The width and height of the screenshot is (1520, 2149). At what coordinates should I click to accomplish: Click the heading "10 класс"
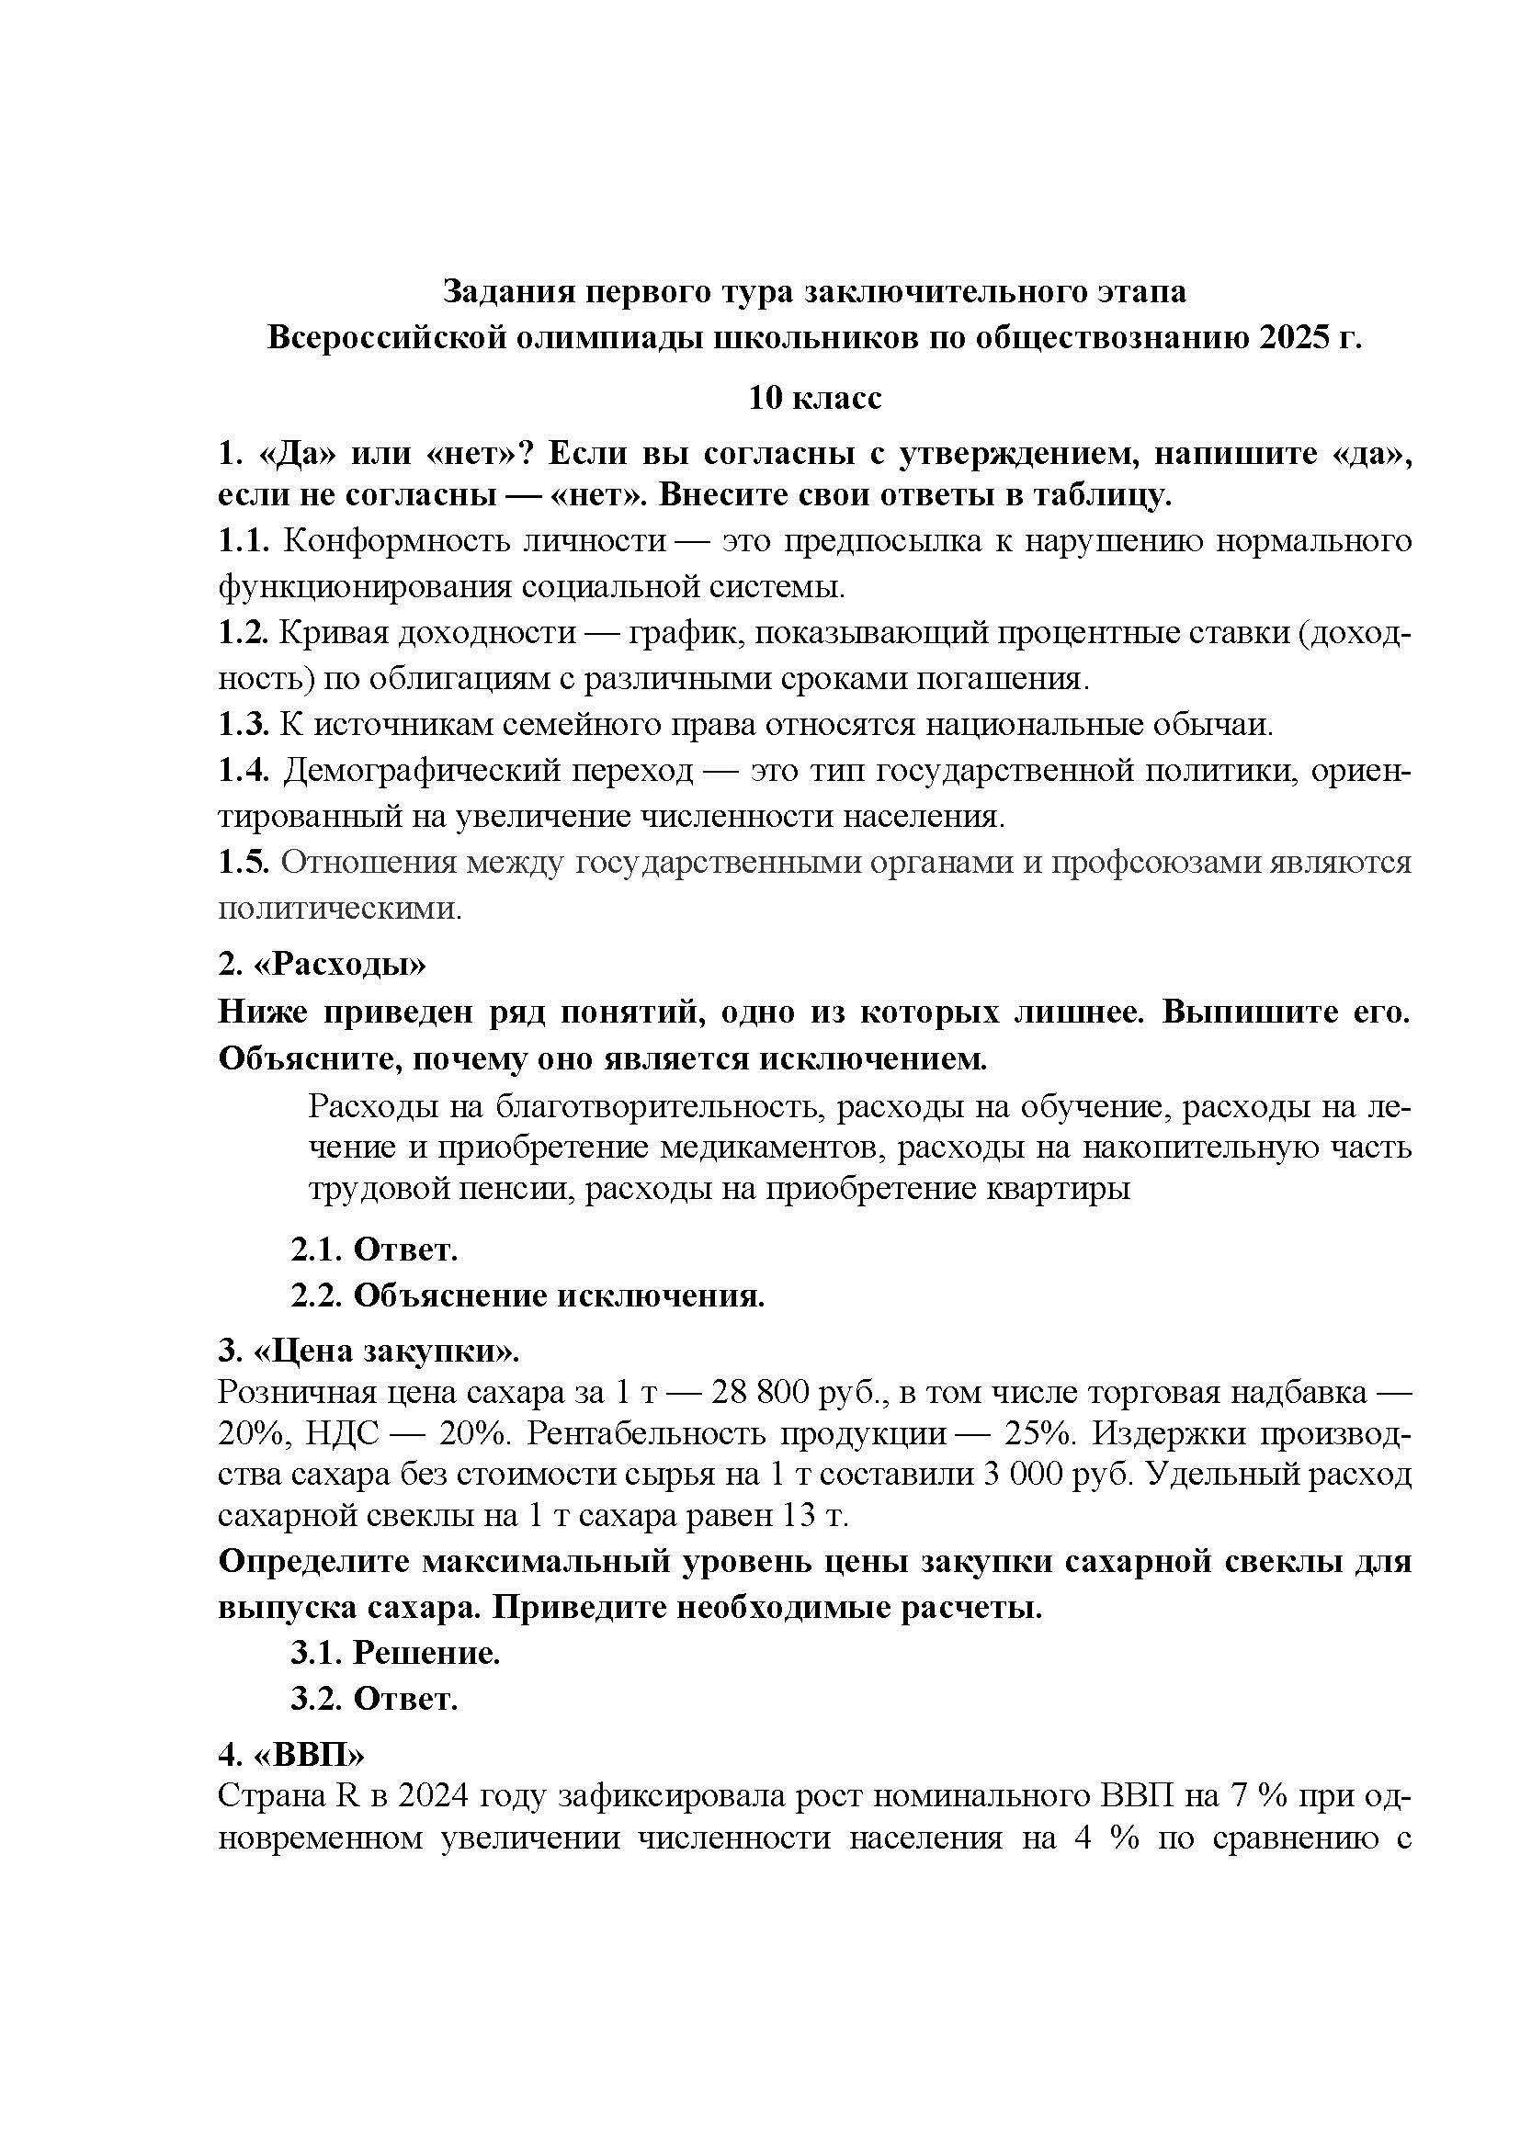814,398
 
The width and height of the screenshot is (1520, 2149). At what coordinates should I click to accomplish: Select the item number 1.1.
244,541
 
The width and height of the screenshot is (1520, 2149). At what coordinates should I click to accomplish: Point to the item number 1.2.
244,634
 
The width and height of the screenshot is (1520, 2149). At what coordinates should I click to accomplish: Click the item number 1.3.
244,724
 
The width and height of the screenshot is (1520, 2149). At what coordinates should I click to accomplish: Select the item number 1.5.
244,862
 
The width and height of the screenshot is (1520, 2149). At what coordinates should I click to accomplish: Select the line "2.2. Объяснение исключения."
527,1295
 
